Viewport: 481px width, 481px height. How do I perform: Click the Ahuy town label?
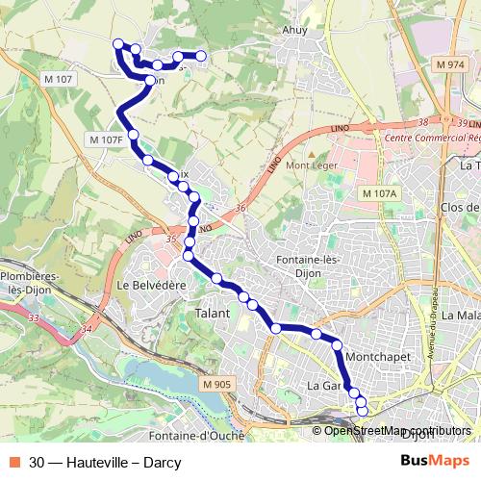coord(294,30)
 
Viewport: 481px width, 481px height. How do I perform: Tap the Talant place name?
coord(213,314)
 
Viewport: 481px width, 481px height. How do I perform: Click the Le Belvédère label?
coord(150,286)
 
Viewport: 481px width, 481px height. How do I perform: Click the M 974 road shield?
coord(449,64)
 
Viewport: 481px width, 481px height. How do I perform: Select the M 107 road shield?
coord(58,78)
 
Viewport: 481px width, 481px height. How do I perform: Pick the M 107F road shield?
coord(106,139)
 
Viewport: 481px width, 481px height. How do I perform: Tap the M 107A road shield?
coord(379,193)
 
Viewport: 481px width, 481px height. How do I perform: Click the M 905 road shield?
coord(218,385)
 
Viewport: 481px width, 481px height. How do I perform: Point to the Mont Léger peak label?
coord(311,165)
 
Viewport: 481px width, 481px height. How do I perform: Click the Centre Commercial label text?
coord(431,138)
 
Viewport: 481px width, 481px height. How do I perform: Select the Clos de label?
coord(458,207)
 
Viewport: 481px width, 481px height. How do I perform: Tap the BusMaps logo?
coord(436,462)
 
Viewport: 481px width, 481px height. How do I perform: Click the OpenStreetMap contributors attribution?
coord(396,430)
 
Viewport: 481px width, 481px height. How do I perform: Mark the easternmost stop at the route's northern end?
coord(202,56)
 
